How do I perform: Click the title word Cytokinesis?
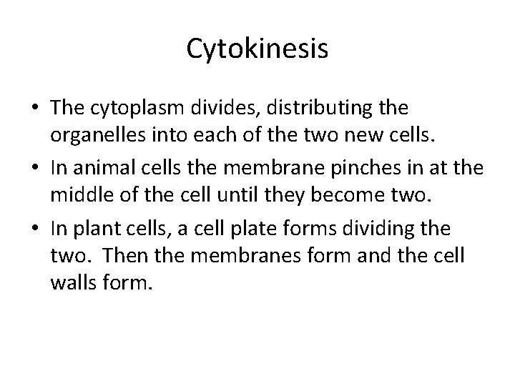point(257,49)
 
